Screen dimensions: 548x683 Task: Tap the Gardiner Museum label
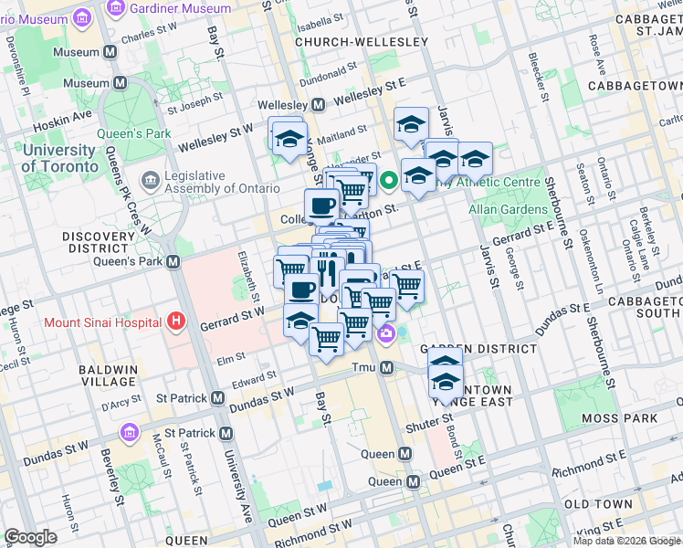[x=180, y=8]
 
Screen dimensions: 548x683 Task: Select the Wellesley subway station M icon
[x=318, y=105]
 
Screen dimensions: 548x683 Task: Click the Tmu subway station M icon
[x=386, y=368]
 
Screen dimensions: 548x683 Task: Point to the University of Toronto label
[x=59, y=158]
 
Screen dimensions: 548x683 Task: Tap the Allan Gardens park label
[x=506, y=209]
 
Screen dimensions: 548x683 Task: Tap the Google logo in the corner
[x=30, y=536]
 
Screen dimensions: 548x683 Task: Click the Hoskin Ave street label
[x=62, y=116]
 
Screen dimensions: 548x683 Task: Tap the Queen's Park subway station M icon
[x=173, y=262]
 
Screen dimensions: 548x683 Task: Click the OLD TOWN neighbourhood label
[x=598, y=504]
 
